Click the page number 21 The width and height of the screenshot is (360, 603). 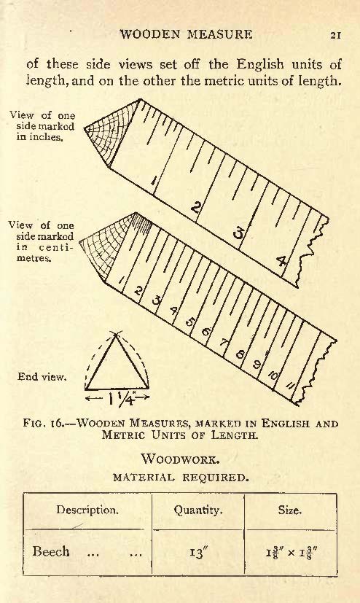335,35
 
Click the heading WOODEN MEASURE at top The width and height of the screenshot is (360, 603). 186,34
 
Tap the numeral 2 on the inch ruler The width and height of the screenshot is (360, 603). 196,208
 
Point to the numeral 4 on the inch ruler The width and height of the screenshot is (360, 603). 282,262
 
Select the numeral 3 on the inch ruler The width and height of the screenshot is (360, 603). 239,233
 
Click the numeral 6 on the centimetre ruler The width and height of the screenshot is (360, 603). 206,331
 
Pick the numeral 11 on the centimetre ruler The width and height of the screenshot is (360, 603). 291,385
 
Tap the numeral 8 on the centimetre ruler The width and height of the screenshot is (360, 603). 240,353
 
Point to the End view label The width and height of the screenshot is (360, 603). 42,376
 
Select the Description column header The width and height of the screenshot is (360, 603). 87,510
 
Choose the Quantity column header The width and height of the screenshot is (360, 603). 198,510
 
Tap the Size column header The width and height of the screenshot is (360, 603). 290,510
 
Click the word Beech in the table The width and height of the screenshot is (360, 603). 51,551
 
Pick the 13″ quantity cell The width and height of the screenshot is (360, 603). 198,553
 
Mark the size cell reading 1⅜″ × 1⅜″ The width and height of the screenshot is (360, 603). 291,553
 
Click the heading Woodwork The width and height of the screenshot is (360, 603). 180,459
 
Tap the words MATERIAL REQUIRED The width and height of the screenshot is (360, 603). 181,478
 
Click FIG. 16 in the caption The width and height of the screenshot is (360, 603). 47,424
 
